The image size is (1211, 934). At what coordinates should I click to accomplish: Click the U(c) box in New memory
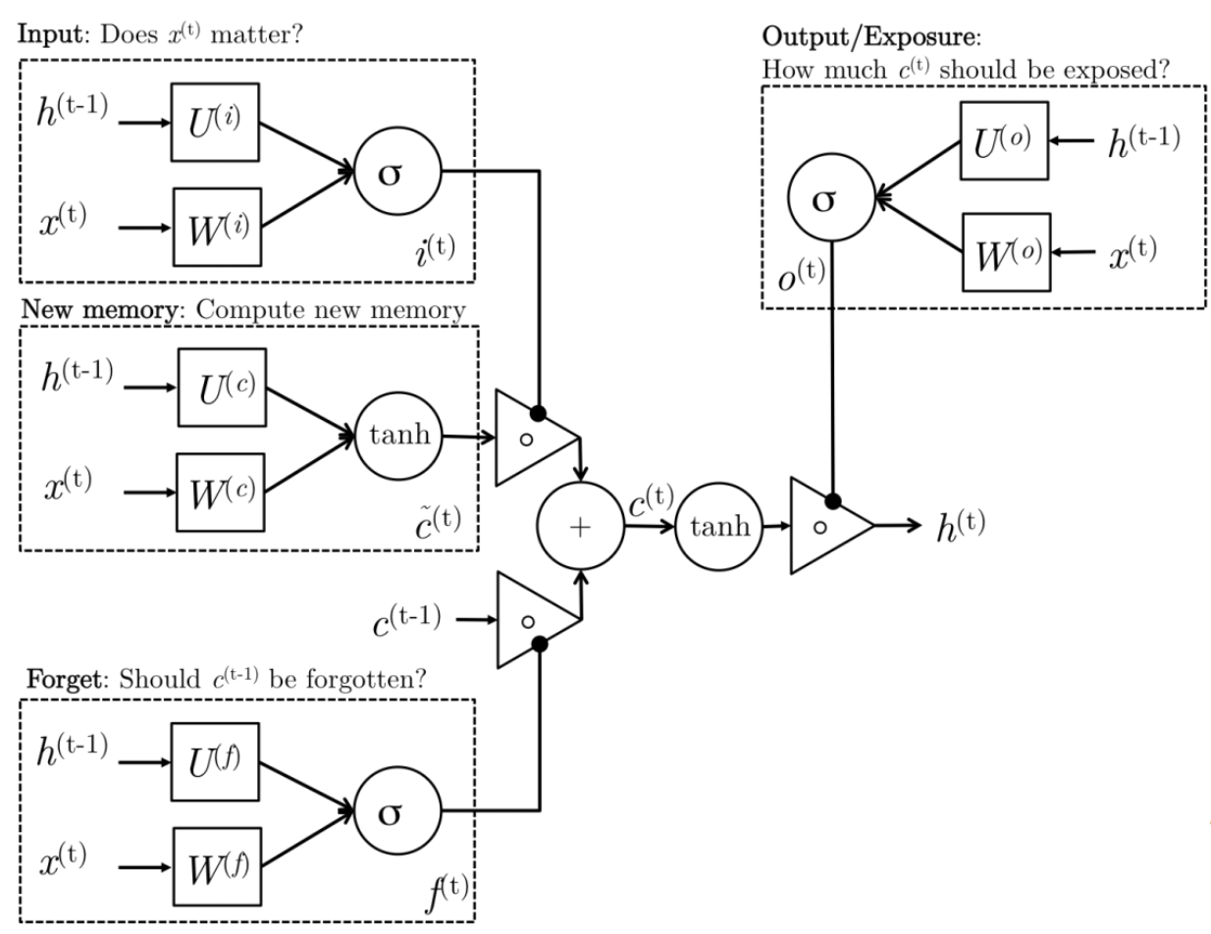222,388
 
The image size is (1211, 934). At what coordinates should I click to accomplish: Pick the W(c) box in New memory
222,489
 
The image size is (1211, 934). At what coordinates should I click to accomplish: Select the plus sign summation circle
580,526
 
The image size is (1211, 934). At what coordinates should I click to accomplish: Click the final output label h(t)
959,526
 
